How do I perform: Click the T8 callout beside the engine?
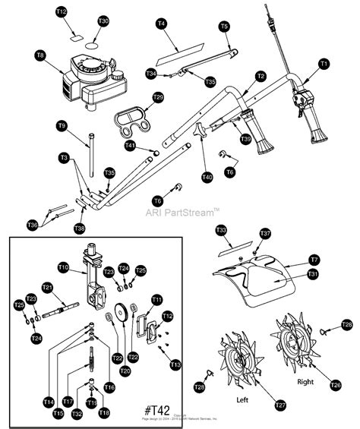[40, 55]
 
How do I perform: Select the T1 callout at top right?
[324, 64]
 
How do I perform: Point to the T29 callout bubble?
[158, 97]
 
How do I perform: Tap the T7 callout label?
[313, 259]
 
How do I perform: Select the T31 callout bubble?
[312, 273]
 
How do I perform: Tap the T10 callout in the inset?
[64, 267]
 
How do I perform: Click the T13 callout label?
[175, 365]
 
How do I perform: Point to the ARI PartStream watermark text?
[183, 213]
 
